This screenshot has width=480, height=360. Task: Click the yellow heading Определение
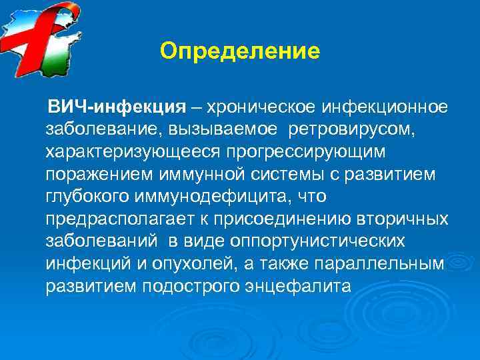coord(240,51)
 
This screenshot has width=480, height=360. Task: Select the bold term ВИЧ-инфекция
coord(114,107)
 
